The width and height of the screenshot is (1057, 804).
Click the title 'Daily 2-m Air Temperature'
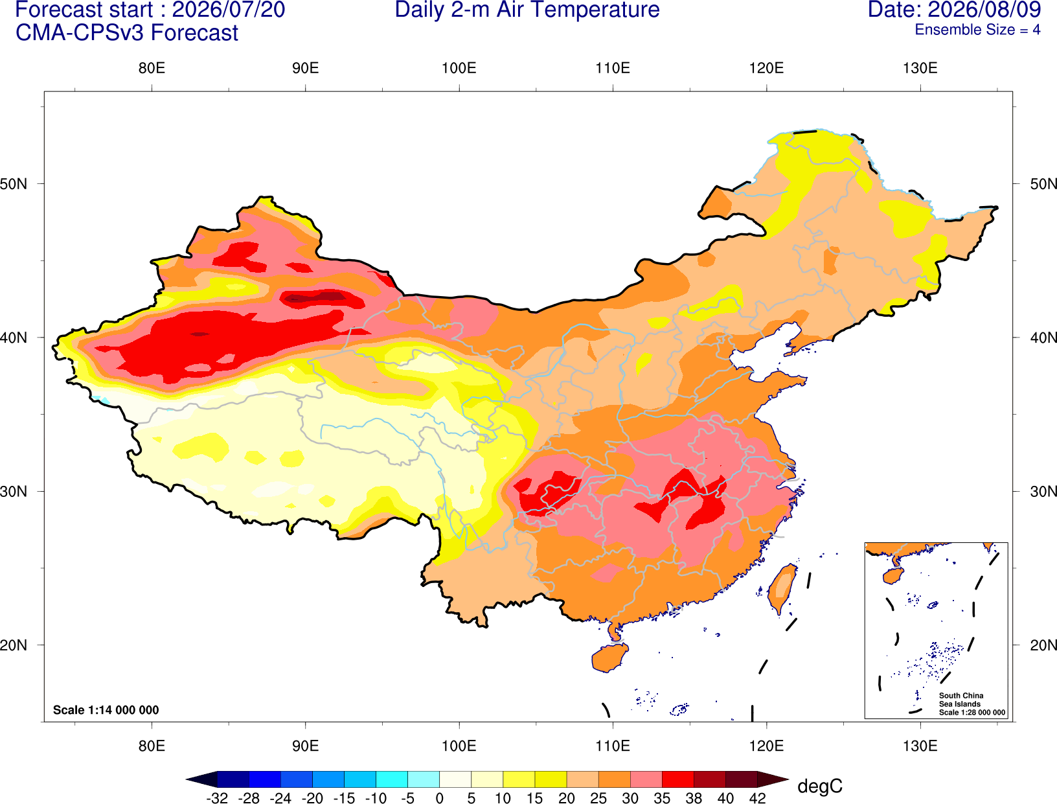click(x=527, y=10)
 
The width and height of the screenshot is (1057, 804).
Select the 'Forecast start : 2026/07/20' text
click(x=150, y=10)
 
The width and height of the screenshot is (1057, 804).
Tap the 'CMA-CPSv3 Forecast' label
click(x=127, y=33)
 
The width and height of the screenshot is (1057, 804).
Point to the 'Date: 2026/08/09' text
click(x=955, y=10)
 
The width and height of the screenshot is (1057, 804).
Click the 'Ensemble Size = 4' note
click(x=977, y=30)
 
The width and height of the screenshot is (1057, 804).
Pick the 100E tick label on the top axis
click(x=459, y=68)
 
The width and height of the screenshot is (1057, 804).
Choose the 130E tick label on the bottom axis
click(x=920, y=746)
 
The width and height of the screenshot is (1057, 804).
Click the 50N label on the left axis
click(x=14, y=184)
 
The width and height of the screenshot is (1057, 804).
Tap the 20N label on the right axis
click(x=1043, y=645)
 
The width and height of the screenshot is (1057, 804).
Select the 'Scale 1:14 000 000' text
click(x=106, y=710)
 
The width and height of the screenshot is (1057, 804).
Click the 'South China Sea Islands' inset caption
click(x=961, y=700)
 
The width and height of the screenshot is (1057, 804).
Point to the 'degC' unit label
click(x=819, y=786)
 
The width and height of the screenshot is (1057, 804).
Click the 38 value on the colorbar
click(x=694, y=798)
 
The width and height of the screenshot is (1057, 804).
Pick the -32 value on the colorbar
click(x=217, y=798)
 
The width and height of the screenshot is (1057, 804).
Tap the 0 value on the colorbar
click(x=439, y=798)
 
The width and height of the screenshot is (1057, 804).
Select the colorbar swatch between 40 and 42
click(x=741, y=779)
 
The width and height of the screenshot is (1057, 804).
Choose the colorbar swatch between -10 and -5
click(x=391, y=779)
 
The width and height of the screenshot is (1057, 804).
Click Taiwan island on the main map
click(x=781, y=589)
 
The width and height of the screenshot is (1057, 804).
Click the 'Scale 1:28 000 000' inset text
click(x=972, y=713)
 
